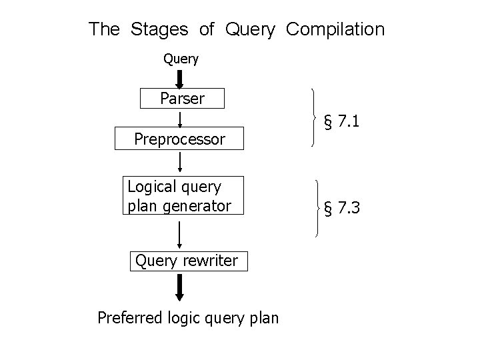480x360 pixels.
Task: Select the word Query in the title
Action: pos(250,30)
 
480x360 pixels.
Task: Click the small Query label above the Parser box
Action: pos(181,59)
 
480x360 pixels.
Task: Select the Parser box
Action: pos(182,99)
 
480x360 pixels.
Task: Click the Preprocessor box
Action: pos(179,139)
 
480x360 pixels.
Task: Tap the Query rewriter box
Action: pos(186,261)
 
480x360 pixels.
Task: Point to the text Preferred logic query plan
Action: pos(188,317)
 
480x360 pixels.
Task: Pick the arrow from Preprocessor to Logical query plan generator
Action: pos(181,162)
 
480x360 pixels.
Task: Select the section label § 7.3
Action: pos(341,209)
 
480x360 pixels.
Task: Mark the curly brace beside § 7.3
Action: pos(317,208)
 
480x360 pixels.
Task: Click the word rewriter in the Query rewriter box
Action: pos(212,261)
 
